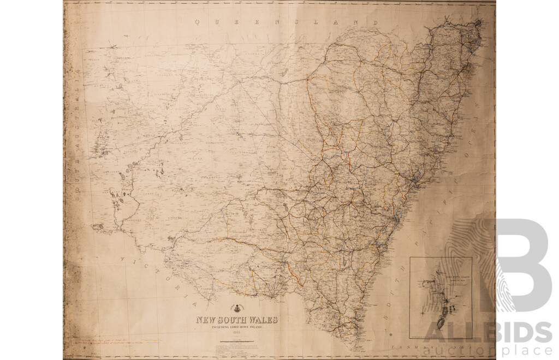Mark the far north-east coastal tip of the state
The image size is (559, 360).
[x=479, y=23]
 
